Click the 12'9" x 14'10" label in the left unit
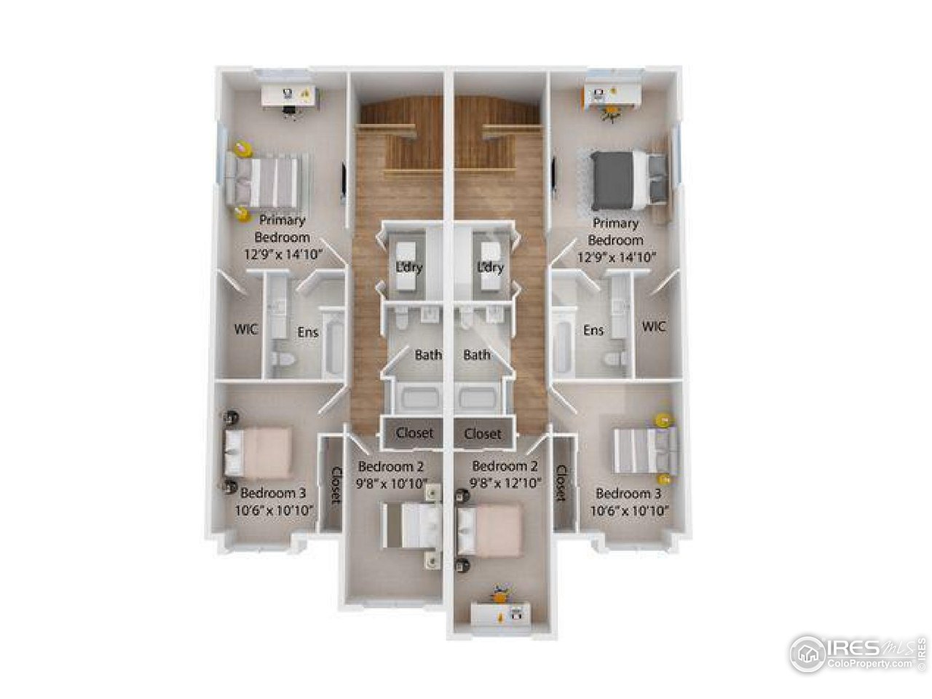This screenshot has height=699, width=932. tap(284, 255)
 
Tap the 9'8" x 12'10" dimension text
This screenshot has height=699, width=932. tap(506, 482)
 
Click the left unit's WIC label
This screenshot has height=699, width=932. tap(245, 329)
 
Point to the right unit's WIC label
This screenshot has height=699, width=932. tap(654, 327)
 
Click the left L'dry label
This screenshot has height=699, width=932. tap(409, 267)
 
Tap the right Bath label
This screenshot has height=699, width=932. tap(477, 355)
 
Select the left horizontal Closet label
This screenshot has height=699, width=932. tap(414, 433)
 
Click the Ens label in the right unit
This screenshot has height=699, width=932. tap(593, 331)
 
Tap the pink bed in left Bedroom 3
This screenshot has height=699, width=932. tap(258, 452)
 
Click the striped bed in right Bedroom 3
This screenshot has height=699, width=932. tap(645, 449)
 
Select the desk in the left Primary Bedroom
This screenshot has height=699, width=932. tap(292, 97)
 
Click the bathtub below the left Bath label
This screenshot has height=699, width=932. tap(414, 401)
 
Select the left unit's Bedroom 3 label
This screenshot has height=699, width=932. tap(268, 492)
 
